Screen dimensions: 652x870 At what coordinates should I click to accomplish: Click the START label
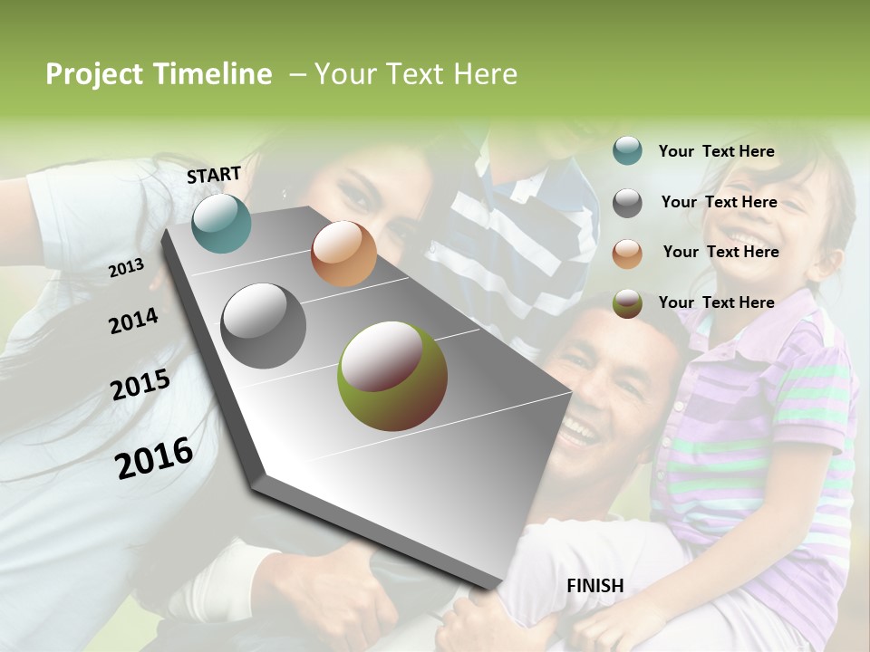(x=214, y=175)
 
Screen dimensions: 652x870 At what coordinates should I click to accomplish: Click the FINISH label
(x=594, y=586)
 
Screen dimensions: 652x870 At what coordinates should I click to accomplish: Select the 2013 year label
(x=126, y=268)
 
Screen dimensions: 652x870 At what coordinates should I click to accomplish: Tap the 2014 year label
(x=133, y=321)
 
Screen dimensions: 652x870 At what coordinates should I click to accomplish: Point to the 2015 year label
(x=140, y=385)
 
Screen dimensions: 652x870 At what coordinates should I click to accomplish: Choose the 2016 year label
(x=154, y=457)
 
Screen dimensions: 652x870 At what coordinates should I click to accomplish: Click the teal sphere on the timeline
(x=221, y=223)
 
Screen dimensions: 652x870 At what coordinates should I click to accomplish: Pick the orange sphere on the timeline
(x=343, y=254)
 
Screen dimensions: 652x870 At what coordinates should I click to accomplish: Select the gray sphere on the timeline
(x=264, y=325)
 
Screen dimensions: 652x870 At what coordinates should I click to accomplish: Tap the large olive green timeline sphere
(x=392, y=376)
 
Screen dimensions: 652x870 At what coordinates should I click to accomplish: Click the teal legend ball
(x=627, y=151)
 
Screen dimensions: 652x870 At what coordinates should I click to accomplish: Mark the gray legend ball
(x=627, y=203)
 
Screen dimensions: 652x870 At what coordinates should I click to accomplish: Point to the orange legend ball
(x=627, y=254)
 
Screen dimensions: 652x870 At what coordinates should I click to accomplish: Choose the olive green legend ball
(x=627, y=303)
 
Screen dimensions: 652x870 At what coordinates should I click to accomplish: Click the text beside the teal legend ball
(x=716, y=151)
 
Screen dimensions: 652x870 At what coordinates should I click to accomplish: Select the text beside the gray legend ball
(x=719, y=202)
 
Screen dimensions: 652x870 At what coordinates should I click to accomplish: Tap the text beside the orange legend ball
(x=720, y=252)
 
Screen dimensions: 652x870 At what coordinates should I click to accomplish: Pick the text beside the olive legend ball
(x=716, y=302)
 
